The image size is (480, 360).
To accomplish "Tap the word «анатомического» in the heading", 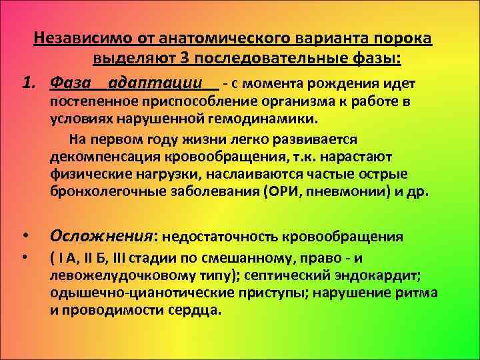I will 204,38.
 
